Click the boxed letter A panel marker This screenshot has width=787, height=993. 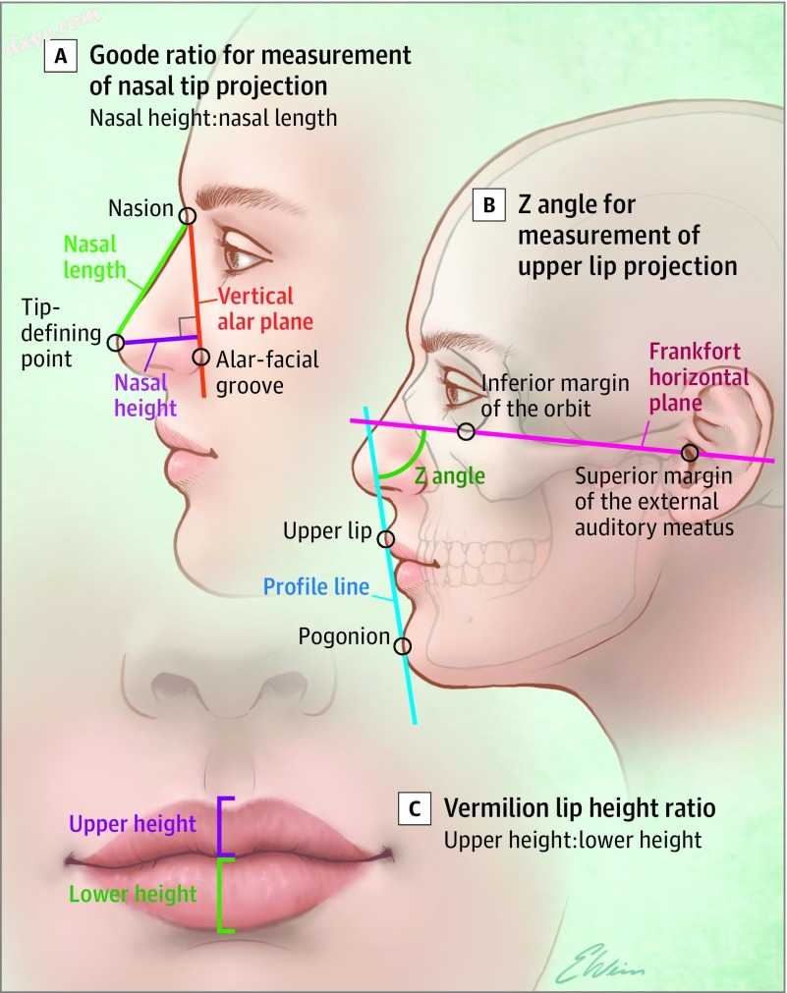pyautogui.click(x=61, y=57)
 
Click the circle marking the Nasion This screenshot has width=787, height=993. pyautogui.click(x=187, y=214)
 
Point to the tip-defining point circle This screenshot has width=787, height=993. pyautogui.click(x=116, y=343)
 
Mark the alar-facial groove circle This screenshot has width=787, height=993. pyautogui.click(x=200, y=358)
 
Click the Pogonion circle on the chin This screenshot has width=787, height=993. pyautogui.click(x=402, y=645)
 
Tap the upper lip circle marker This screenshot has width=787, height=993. pyautogui.click(x=385, y=538)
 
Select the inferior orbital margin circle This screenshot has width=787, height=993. pyautogui.click(x=467, y=431)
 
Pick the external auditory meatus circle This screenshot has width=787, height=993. pyautogui.click(x=690, y=453)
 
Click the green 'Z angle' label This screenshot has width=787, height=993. pyautogui.click(x=449, y=476)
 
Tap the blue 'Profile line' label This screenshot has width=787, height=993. pyautogui.click(x=316, y=587)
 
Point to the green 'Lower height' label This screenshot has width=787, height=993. pyautogui.click(x=134, y=894)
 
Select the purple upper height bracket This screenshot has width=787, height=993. pyautogui.click(x=223, y=827)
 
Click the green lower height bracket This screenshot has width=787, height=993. pyautogui.click(x=223, y=894)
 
